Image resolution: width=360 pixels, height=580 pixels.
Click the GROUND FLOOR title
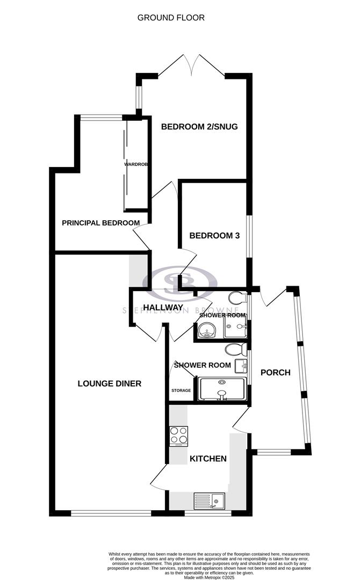click(171, 18)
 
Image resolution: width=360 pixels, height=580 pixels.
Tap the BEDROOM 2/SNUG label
click(199, 127)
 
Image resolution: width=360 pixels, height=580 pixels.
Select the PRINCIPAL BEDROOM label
click(101, 223)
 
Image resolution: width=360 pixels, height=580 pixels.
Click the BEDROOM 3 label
click(214, 236)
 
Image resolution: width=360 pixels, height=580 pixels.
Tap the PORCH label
click(275, 372)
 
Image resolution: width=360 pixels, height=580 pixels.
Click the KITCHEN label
click(208, 459)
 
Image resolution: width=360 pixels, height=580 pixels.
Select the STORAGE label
click(181, 390)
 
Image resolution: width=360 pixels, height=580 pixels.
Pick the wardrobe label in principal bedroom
click(136, 164)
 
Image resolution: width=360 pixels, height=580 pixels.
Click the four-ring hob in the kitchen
click(178, 436)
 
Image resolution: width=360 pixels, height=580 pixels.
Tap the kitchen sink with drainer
click(208, 501)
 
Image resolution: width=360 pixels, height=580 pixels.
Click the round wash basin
click(205, 331)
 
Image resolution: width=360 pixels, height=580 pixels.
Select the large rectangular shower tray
click(222, 389)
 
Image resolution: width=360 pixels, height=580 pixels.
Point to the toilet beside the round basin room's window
click(236, 298)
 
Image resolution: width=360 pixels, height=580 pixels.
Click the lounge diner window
click(111, 513)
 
